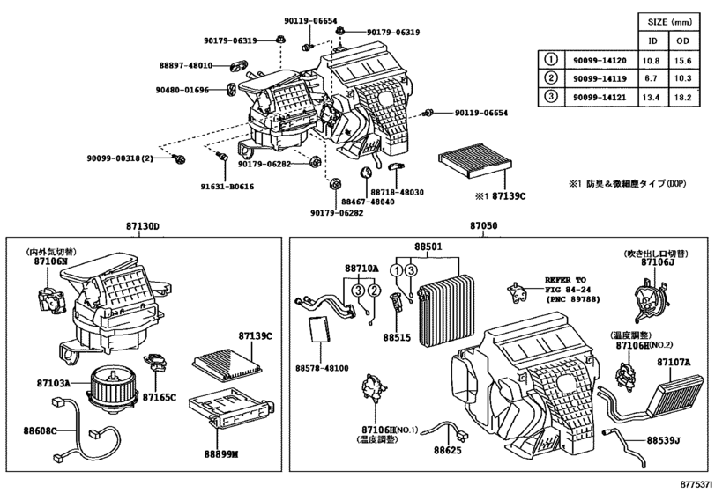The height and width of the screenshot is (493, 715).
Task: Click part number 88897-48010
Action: click(x=187, y=66)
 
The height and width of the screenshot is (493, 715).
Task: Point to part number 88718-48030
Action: click(x=397, y=192)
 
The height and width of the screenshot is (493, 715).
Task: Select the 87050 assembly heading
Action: click(x=483, y=227)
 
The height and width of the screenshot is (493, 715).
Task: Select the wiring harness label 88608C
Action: click(x=41, y=430)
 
